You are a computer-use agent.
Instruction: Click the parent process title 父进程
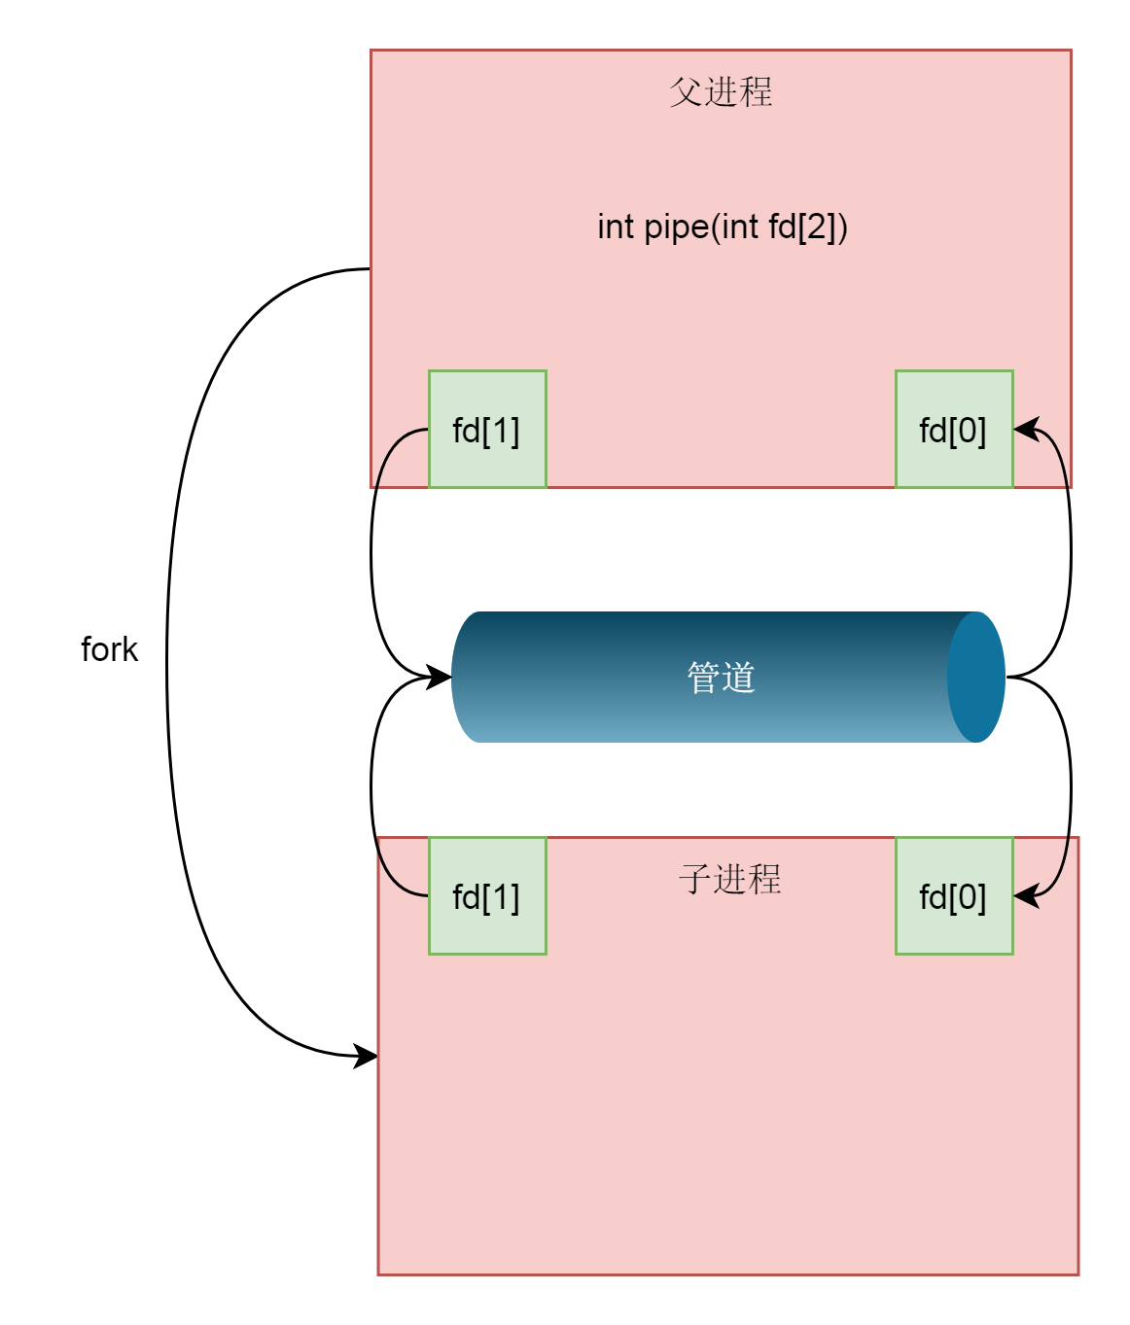point(721,91)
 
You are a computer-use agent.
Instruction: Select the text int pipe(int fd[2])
point(723,227)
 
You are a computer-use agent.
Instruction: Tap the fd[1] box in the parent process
point(487,429)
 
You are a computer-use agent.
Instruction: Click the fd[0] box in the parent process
point(954,429)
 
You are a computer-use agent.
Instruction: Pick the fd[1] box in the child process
point(487,895)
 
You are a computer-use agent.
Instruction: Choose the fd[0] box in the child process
point(954,895)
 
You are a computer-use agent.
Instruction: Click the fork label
point(109,649)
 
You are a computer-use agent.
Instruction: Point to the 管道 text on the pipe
point(721,677)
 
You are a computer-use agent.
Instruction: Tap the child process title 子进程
point(729,879)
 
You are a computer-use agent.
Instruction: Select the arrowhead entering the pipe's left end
point(440,677)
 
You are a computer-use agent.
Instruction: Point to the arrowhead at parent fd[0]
point(1026,428)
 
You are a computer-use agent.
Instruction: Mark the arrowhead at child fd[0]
point(1026,895)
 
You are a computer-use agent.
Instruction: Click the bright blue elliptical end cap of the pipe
point(976,677)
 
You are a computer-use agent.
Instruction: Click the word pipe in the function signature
point(676,228)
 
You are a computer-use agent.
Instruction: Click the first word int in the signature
point(616,227)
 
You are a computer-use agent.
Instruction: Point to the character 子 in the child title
point(694,879)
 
